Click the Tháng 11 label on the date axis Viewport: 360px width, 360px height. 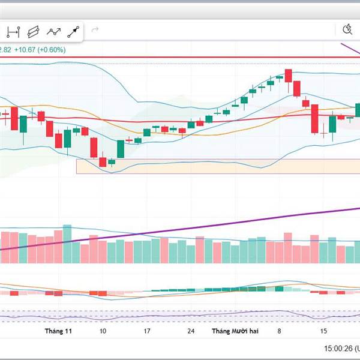coord(59,331)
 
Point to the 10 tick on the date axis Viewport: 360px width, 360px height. coord(103,331)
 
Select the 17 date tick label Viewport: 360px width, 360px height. coord(146,331)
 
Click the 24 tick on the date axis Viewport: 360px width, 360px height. coord(191,331)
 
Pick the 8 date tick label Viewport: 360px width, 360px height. coord(279,331)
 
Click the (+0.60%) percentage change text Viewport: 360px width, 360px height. coord(52,49)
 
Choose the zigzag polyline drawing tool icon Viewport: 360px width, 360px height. coord(54,31)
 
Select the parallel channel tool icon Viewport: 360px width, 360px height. coord(34,31)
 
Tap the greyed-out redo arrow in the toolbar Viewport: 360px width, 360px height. coord(94,29)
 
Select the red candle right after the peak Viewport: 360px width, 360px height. coord(289,77)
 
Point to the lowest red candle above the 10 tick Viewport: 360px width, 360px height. coord(103,161)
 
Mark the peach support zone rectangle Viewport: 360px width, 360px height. coord(180,166)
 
